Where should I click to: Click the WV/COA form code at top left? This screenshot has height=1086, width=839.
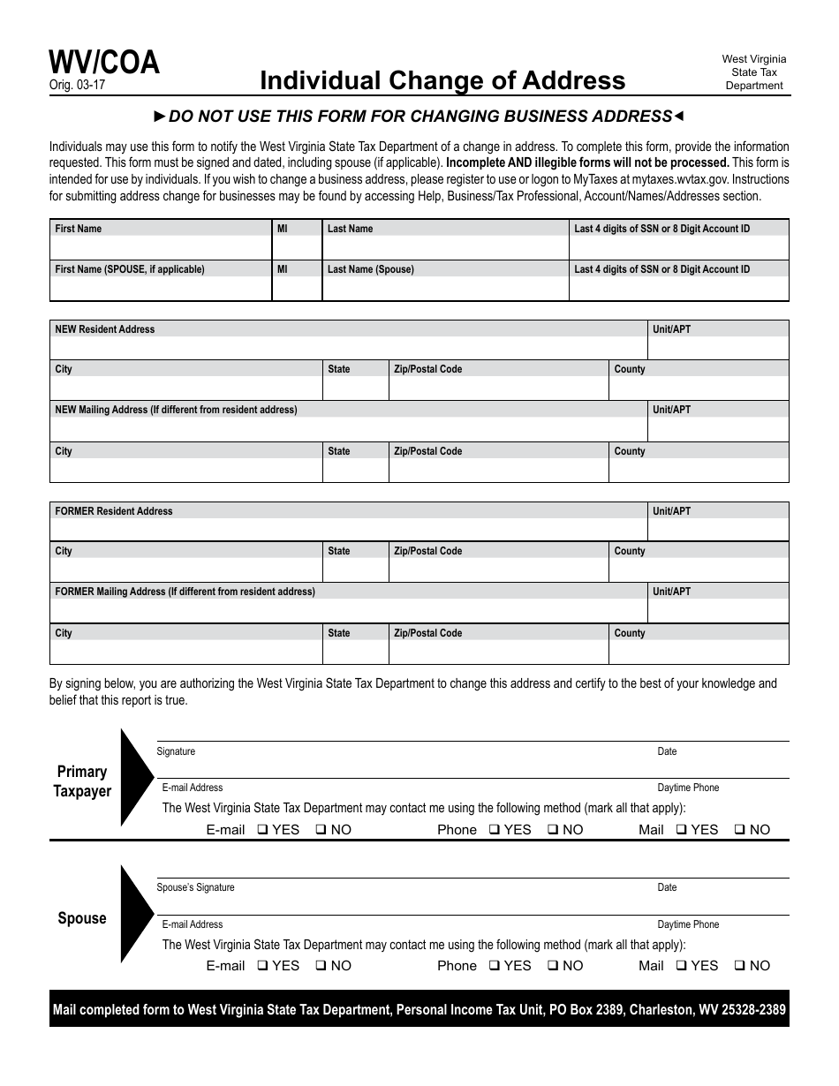(x=104, y=63)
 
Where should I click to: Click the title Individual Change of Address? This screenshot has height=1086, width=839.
(x=442, y=80)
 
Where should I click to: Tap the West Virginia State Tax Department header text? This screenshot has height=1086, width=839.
(x=753, y=72)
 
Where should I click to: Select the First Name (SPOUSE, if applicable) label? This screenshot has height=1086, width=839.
(x=130, y=269)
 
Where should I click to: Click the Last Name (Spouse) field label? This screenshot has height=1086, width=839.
(x=370, y=269)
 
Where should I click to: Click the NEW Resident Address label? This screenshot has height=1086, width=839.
(x=104, y=329)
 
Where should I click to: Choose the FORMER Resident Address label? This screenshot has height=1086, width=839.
(x=114, y=511)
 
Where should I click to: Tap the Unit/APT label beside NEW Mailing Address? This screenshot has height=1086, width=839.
(x=671, y=410)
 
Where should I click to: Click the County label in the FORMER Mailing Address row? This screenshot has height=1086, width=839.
(x=630, y=633)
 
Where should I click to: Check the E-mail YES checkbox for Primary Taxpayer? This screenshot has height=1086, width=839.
(x=263, y=830)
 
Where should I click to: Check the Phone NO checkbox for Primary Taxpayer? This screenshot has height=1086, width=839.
(x=552, y=830)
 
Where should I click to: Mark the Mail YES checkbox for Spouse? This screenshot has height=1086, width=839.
(x=682, y=966)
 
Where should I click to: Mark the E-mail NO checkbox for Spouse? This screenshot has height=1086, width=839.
(x=321, y=966)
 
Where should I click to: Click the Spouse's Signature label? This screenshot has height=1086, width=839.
(x=195, y=887)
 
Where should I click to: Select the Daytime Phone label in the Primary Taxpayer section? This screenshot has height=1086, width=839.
(x=688, y=788)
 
